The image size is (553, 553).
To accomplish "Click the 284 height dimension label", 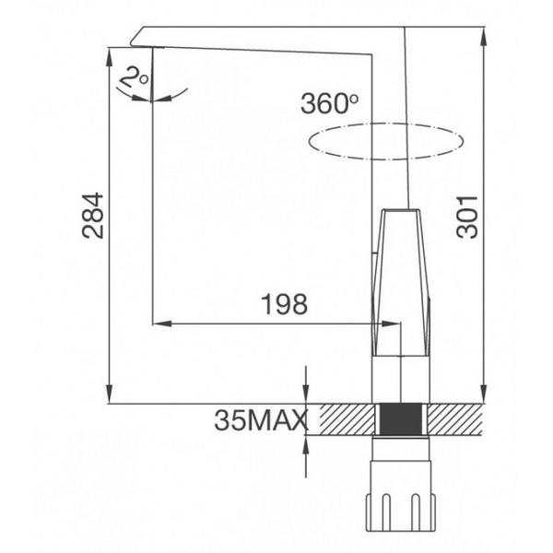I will pyautogui.click(x=92, y=215).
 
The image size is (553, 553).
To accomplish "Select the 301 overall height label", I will pyautogui.click(x=470, y=217).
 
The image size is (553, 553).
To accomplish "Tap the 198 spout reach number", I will pyautogui.click(x=285, y=303).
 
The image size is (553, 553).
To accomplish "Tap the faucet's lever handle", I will pyautogui.click(x=402, y=281).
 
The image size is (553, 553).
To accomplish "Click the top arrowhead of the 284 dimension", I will pyautogui.click(x=110, y=52).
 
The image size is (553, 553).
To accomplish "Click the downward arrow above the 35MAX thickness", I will pyautogui.click(x=306, y=396).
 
